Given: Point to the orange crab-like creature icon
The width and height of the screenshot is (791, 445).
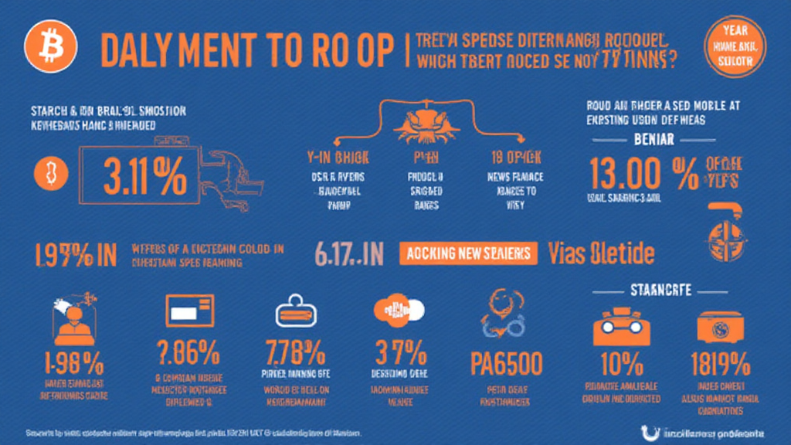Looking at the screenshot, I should (419, 122).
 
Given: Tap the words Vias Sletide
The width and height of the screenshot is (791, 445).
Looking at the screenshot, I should (601, 253).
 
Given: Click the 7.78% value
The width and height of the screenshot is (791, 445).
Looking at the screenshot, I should (295, 354).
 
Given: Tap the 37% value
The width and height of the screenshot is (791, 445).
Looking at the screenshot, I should (400, 354).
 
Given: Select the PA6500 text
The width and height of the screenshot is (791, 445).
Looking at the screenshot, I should (507, 361).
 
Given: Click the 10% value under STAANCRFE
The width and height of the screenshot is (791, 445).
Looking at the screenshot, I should (623, 361).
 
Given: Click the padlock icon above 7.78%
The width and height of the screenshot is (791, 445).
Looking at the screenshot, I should (295, 313).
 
